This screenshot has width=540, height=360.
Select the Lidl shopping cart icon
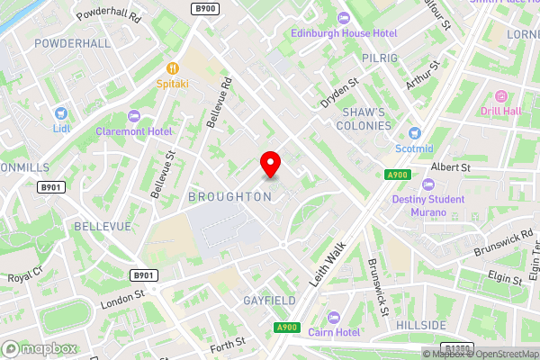coord(61,113)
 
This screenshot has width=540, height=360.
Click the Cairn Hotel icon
coord(334,317)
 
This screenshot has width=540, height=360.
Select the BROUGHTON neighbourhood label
coord(230,196)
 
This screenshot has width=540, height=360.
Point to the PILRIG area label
coord(382,58)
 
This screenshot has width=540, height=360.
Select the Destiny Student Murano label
coord(427,207)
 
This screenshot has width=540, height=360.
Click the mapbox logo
coord(39,348)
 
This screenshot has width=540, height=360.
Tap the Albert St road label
coord(451,167)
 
